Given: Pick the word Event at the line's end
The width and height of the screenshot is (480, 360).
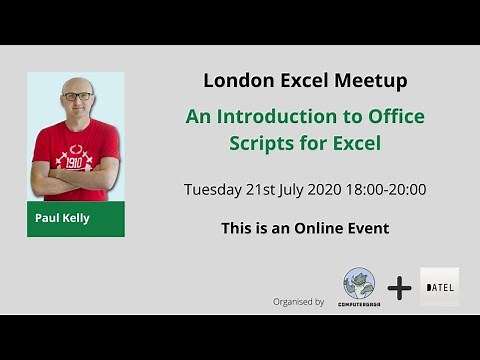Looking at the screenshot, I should (365, 228).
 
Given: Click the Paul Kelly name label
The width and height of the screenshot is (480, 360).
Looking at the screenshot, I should (63, 218).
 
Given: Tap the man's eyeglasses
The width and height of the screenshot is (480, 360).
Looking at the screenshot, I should (76, 97).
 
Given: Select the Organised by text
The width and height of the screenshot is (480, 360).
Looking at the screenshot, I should (298, 301).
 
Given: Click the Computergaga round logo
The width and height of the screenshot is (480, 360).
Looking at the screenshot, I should (359, 285).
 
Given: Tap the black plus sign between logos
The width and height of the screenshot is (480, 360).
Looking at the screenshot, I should (400, 289).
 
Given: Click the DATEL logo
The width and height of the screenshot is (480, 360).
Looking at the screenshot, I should (440, 287).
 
